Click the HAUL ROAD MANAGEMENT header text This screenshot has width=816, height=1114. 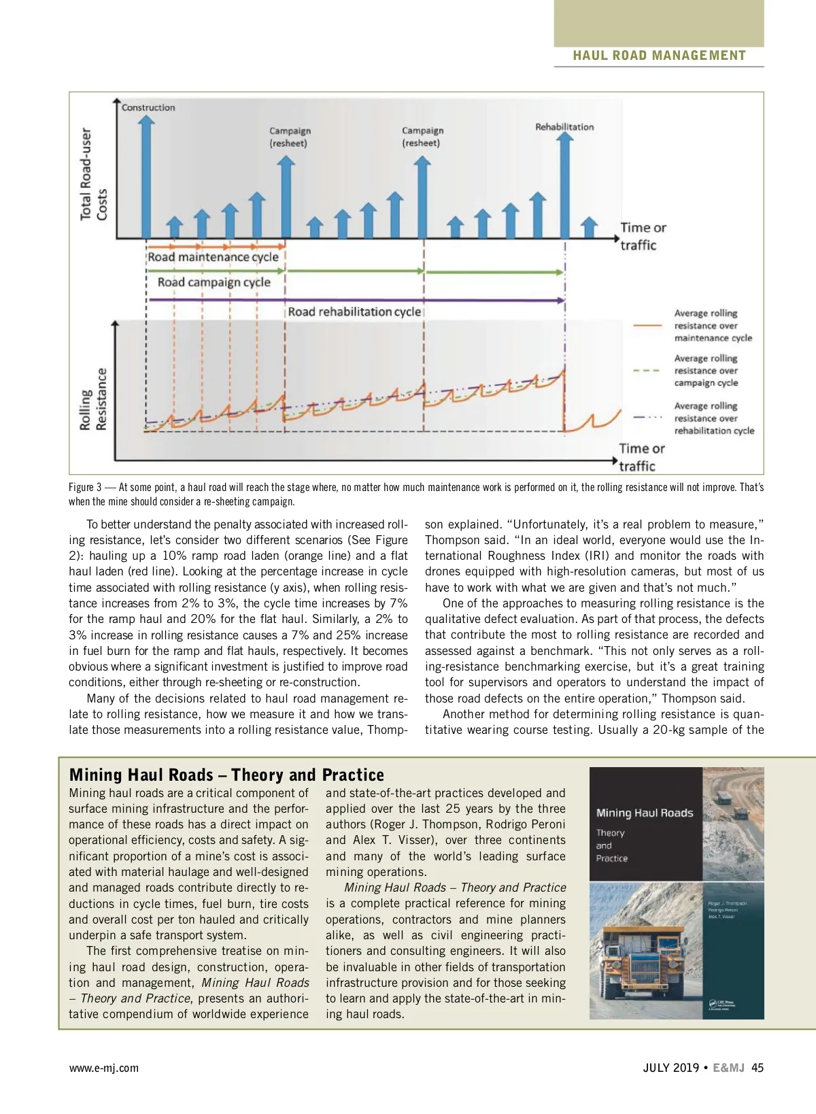click(659, 56)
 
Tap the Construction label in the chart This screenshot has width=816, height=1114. click(148, 107)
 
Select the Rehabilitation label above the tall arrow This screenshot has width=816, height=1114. click(564, 127)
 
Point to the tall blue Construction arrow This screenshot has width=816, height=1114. click(146, 177)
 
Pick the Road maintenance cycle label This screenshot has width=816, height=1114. click(213, 257)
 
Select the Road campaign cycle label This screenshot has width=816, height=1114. click(214, 282)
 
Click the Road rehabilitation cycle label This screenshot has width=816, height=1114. click(354, 312)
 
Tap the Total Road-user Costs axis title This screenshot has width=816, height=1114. click(94, 174)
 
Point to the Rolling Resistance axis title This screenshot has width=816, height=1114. click(94, 399)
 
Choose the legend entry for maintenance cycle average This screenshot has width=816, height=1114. click(713, 326)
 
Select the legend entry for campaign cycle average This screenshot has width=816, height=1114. click(706, 371)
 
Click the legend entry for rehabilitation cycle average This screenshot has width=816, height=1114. click(714, 418)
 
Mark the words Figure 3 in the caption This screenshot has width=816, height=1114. click(85, 487)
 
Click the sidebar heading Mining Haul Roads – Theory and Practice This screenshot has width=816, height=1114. click(226, 775)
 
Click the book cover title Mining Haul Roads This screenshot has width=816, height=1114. click(645, 813)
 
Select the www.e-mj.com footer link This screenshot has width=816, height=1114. click(103, 1068)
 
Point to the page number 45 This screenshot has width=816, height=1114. click(757, 1068)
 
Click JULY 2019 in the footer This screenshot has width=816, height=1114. click(670, 1068)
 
